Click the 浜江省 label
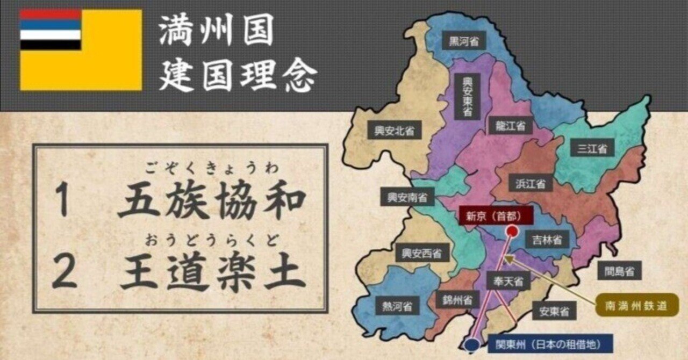click(530, 183)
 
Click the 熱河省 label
click(397, 307)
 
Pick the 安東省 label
click(555, 311)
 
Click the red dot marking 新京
click(512, 231)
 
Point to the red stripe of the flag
click(51, 15)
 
